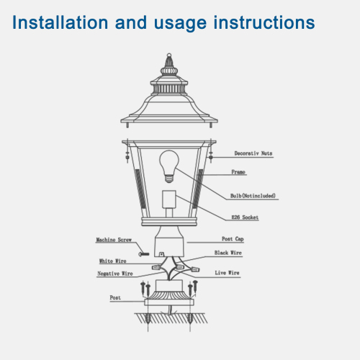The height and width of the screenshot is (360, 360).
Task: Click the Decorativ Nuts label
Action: (x=253, y=154)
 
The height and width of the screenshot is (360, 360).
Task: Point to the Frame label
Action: (x=238, y=173)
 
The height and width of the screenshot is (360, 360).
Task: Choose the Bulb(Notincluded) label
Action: (x=253, y=196)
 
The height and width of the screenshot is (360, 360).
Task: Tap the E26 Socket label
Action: (x=246, y=217)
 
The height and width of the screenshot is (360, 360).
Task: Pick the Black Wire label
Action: (x=228, y=253)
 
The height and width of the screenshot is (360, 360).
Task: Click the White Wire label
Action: (x=114, y=261)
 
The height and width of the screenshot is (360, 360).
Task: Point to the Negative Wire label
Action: (x=116, y=274)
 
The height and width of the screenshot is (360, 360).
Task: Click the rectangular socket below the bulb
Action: (x=170, y=204)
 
